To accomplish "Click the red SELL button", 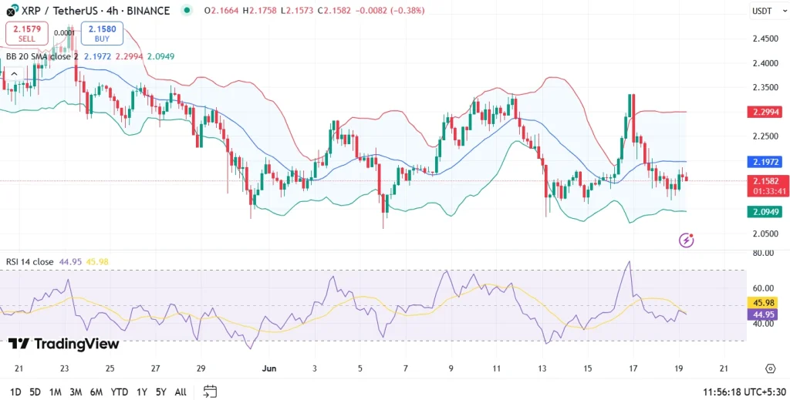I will click(x=26, y=33).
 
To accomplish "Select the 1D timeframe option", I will click(x=15, y=392).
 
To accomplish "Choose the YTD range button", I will click(x=120, y=392).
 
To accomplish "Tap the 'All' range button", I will click(x=181, y=392).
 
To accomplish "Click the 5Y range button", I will click(x=160, y=392).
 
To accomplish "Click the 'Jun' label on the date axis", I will click(x=269, y=368).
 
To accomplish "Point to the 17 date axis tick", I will click(x=633, y=368).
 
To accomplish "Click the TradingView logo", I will click(x=63, y=344).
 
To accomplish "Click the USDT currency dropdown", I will click(x=761, y=10).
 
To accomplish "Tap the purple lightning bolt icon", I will click(x=686, y=240).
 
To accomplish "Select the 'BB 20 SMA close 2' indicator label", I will click(x=42, y=56).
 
